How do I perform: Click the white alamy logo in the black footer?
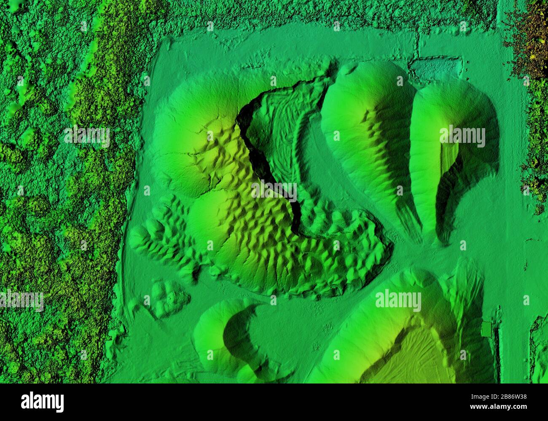[x=42, y=402]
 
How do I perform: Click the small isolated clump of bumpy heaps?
[x=167, y=297]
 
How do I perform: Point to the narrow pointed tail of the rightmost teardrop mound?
[x=443, y=236]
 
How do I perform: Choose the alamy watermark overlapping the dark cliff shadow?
[x=274, y=191]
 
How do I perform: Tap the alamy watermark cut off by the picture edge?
[x=21, y=300]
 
